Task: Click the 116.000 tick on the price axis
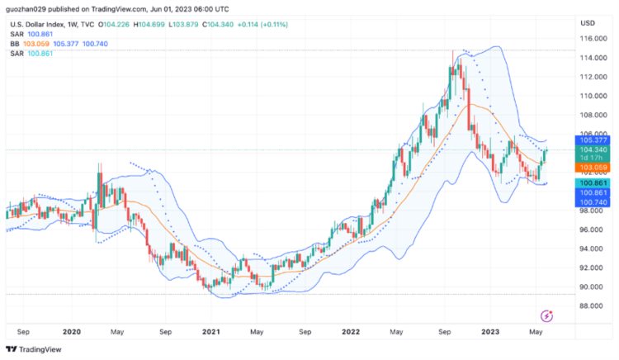(x=593, y=39)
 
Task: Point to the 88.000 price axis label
(x=593, y=306)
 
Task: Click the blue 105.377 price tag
(x=593, y=140)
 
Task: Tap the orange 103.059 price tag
(x=593, y=168)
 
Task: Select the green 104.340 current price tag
(x=593, y=149)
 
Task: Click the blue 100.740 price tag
(x=593, y=201)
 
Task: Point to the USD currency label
(x=588, y=22)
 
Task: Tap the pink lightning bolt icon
(x=546, y=315)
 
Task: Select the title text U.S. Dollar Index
(x=34, y=23)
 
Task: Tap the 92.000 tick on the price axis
(x=593, y=268)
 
